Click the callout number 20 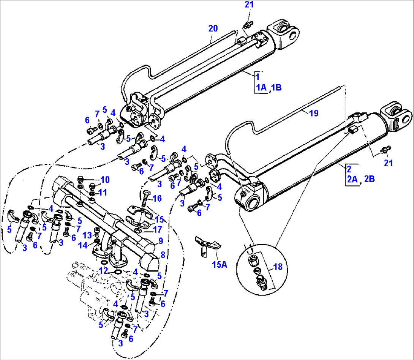[213, 28]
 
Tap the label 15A [219, 264]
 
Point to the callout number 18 [278, 267]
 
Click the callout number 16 [157, 198]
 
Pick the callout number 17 [157, 229]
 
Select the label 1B [276, 88]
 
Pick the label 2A [353, 179]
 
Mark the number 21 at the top [249, 5]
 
